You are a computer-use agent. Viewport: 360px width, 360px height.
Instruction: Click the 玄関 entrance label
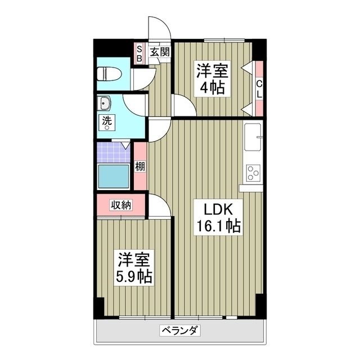coord(160,52)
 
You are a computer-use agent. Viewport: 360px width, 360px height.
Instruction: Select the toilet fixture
coord(107,73)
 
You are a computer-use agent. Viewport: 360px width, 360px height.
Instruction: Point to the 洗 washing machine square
coord(106,121)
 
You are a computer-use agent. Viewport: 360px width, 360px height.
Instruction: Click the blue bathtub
coord(114,177)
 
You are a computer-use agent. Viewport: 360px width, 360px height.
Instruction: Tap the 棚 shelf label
coord(139,166)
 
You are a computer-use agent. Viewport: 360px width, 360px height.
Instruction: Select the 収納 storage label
coord(120,205)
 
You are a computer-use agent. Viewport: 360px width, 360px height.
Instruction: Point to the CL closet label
coord(259,89)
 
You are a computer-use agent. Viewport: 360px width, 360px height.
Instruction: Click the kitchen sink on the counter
coord(253,138)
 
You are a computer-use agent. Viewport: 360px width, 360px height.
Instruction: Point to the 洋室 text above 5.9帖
coord(134,260)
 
